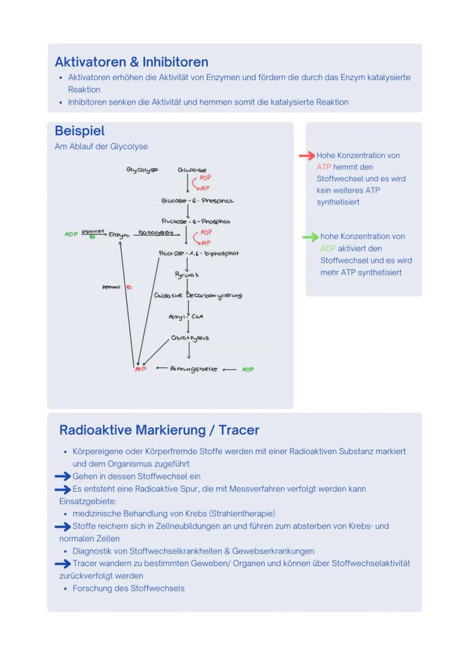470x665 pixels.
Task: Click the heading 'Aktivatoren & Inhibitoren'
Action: click(131, 62)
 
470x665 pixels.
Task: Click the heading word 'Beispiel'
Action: click(79, 131)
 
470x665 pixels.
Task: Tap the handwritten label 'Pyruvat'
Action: click(187, 275)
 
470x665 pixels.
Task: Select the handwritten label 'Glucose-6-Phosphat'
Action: click(197, 200)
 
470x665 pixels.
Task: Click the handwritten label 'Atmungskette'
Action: click(194, 369)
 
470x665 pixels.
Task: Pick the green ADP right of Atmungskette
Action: click(247, 369)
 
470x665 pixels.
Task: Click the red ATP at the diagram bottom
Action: click(140, 369)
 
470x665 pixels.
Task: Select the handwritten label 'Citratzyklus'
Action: click(190, 338)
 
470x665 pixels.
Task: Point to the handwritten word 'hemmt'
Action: click(111, 287)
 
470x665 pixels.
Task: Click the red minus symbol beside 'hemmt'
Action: click(128, 287)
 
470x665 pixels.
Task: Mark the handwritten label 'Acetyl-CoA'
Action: click(186, 317)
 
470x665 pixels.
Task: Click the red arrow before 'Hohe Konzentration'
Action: click(307, 156)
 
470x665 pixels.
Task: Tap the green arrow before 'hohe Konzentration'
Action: click(310, 237)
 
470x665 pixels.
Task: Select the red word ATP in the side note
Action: click(324, 167)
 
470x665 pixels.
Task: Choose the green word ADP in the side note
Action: click(328, 248)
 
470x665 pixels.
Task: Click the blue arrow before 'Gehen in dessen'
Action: click(62, 476)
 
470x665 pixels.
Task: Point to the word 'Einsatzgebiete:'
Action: click(87, 501)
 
